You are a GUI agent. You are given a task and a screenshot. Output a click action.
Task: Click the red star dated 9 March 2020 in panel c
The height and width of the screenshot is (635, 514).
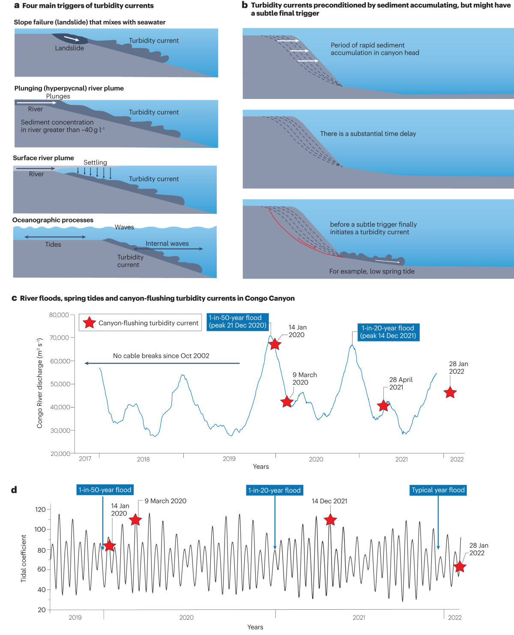coord(287,402)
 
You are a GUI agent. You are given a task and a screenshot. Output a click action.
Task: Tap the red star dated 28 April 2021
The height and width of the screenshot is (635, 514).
coord(383,405)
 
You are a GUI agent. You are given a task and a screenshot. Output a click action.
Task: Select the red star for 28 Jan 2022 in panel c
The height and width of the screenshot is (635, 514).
coord(450,392)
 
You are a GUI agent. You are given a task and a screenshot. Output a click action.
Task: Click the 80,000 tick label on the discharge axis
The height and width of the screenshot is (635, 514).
coord(59,315)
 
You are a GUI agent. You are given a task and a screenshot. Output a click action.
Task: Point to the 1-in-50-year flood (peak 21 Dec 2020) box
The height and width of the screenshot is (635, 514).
coord(238,321)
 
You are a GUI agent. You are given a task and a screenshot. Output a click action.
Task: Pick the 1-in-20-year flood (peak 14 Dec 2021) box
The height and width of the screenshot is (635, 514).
coord(388,332)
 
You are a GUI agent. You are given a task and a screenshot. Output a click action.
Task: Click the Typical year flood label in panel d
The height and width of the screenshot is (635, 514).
coord(438,490)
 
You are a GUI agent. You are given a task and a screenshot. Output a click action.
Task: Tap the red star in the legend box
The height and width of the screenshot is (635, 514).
coord(89,323)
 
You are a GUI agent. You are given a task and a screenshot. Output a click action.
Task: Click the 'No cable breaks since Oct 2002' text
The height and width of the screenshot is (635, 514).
coord(161,356)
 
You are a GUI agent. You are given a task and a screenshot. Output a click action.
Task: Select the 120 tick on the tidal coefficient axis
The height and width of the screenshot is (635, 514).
coord(40,509)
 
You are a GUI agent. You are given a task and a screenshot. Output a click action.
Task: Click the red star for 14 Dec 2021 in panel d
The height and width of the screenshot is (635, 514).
coord(330,520)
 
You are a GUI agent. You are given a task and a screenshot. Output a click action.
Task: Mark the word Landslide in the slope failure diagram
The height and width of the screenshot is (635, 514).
coord(69,48)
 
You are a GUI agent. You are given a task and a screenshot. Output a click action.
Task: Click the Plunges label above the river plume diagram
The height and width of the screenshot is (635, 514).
coord(58,96)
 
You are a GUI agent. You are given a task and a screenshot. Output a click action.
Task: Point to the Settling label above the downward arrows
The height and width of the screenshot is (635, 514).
coord(95,162)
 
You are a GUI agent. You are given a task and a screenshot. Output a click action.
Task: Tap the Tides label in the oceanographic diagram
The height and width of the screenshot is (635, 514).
coord(53,245)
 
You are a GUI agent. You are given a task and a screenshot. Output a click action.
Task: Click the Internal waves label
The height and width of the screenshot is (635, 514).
coord(167,243)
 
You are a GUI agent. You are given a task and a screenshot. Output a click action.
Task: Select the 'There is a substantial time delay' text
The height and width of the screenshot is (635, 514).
coord(368,134)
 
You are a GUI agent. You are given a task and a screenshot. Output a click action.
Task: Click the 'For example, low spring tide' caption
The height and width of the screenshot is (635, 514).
coord(372,271)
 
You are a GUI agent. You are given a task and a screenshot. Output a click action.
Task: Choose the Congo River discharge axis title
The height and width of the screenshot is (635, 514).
coord(40,383)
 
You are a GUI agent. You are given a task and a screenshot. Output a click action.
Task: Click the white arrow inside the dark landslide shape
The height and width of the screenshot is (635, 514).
coord(72,39)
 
